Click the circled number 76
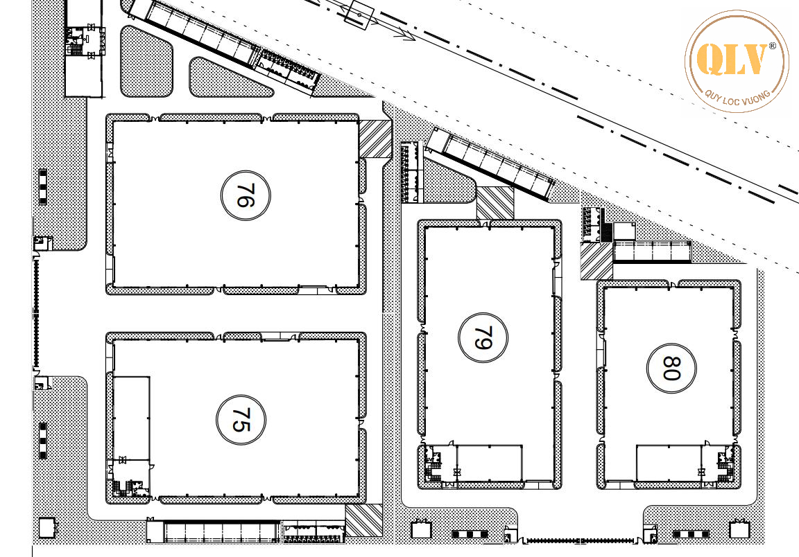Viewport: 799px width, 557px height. (246, 196)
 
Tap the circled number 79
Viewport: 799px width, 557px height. (483, 338)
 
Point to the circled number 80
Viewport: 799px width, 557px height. (670, 369)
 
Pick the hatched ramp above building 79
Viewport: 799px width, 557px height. (495, 202)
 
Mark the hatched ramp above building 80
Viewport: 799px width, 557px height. (596, 261)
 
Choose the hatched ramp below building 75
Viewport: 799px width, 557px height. (363, 520)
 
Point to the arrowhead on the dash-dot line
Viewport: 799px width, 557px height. (408, 35)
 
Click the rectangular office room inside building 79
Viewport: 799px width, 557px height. (489, 462)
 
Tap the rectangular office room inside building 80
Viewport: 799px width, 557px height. (668, 462)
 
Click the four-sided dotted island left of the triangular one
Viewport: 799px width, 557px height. (146, 61)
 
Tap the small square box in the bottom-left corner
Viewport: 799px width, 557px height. (46, 527)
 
